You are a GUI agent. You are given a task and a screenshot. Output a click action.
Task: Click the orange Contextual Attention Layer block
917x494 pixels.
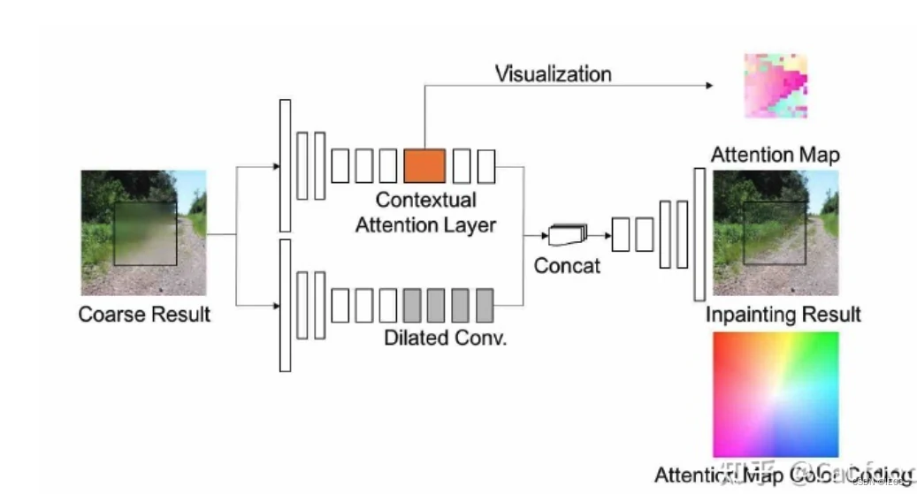[x=424, y=165]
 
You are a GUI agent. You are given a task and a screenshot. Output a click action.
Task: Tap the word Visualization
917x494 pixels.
[x=553, y=73]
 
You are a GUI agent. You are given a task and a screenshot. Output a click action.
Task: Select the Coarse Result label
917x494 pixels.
[x=144, y=314]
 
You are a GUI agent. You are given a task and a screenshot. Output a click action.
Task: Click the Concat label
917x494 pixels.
[x=567, y=265]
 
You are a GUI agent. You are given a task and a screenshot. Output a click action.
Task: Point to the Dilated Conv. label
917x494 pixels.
[x=445, y=338]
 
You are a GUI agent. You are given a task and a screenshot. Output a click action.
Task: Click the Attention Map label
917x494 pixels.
[x=776, y=155]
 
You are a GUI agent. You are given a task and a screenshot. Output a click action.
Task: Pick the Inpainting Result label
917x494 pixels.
[x=783, y=315]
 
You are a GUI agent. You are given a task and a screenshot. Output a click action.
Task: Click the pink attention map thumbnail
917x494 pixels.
[x=776, y=86]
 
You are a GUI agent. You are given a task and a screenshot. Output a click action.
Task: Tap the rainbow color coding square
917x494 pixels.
[x=776, y=394]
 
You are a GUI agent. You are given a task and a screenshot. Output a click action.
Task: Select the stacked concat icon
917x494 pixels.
[x=567, y=235]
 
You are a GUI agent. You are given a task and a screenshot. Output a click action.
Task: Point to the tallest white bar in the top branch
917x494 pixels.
[x=285, y=165]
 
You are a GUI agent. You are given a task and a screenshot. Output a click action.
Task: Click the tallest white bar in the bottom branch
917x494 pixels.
[x=285, y=305]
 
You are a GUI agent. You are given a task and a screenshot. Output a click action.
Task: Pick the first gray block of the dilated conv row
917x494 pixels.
[x=412, y=305]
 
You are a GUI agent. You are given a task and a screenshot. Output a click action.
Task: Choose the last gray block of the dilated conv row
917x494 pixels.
[x=485, y=305]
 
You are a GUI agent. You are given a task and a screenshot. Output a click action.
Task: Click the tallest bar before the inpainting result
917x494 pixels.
[x=699, y=234]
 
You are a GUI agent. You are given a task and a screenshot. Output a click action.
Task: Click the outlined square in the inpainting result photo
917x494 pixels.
[x=775, y=232]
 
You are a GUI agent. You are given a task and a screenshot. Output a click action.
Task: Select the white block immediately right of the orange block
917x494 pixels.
[x=462, y=165]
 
